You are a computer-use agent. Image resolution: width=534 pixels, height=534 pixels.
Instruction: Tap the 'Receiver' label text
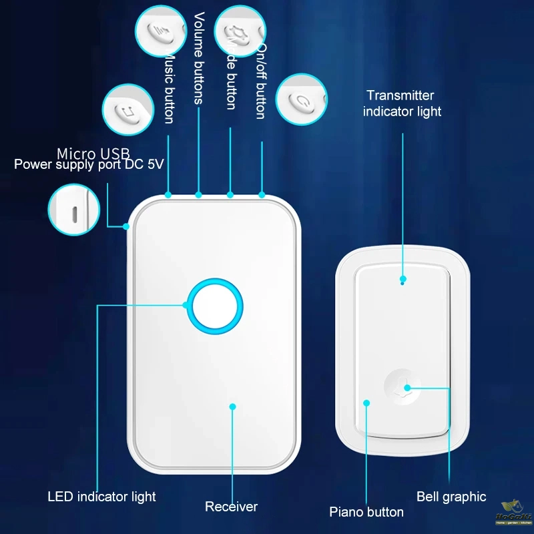click(231, 507)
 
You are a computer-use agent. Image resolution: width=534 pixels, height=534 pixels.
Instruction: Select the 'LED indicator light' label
click(101, 497)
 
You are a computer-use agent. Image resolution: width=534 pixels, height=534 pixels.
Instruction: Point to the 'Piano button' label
click(366, 512)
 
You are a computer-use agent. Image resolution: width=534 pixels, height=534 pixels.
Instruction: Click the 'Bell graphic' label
click(451, 497)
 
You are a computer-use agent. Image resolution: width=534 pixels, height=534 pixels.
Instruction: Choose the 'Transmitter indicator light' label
click(402, 103)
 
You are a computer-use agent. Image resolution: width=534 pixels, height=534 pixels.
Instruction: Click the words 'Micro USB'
click(93, 154)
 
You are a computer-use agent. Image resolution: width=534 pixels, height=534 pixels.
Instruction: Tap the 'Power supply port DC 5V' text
click(89, 164)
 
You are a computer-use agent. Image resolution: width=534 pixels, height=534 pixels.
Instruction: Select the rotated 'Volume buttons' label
click(199, 58)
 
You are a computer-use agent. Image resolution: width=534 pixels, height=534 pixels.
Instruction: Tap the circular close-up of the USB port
click(73, 209)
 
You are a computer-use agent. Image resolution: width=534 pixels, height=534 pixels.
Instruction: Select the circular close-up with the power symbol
click(302, 99)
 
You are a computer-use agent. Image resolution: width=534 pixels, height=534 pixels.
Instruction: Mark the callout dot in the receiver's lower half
click(232, 405)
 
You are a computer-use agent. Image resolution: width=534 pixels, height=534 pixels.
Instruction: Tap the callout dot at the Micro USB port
click(126, 226)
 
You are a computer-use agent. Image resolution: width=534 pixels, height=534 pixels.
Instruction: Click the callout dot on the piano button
click(366, 403)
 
